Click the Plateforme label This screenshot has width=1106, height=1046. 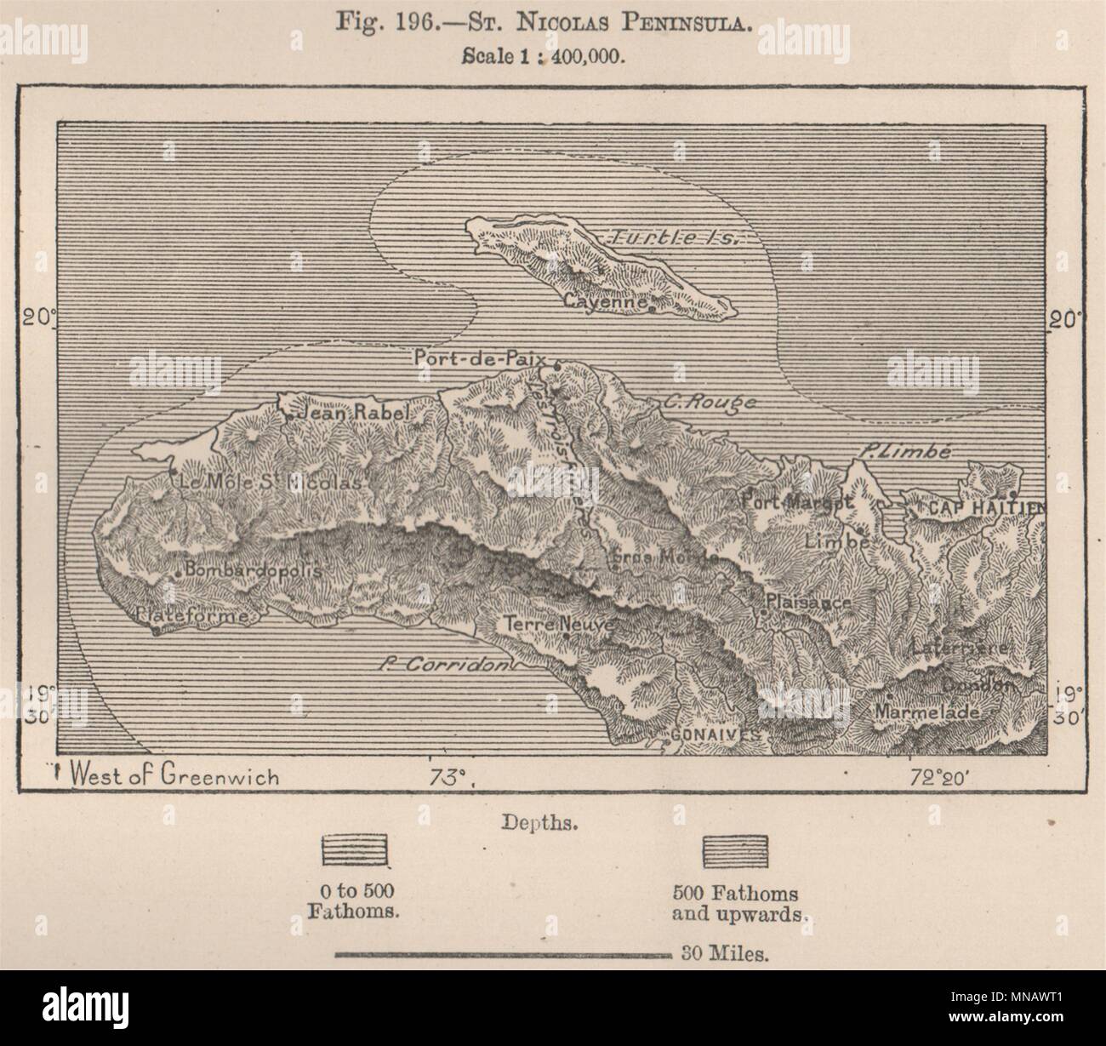191,614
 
